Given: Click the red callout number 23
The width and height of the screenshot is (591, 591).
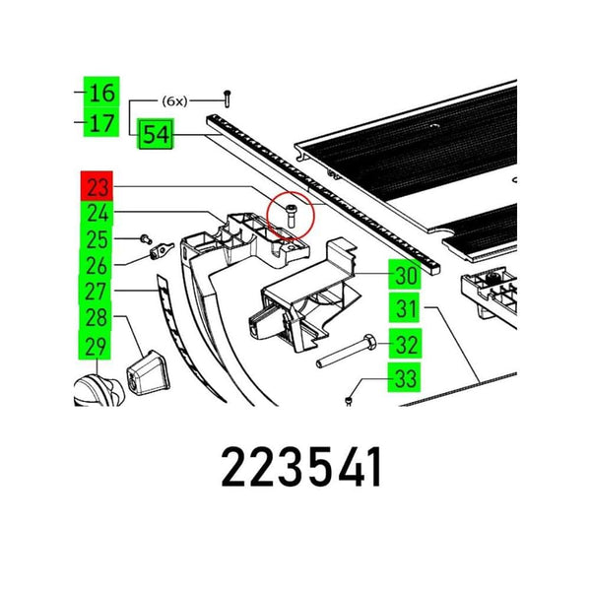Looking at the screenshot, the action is (x=97, y=186).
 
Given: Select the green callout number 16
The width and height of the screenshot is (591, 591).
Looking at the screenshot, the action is (x=101, y=93).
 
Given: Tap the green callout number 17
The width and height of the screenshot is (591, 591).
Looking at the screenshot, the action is (x=101, y=123).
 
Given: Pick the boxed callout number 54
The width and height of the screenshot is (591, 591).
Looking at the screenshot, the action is (x=156, y=134).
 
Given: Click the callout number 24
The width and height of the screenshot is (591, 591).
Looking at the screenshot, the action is (x=97, y=214).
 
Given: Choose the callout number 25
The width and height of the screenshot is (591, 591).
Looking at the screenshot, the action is (x=97, y=239).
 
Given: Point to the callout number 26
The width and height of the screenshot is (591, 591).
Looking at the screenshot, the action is (x=97, y=266).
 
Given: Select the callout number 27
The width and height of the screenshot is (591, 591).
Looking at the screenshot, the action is (x=95, y=291).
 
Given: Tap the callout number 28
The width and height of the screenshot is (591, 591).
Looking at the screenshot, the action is (x=96, y=317).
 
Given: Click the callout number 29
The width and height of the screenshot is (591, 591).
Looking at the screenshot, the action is (x=95, y=346).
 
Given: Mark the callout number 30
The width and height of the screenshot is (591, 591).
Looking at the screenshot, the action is (x=405, y=275).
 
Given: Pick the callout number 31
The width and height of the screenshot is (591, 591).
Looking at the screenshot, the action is (x=405, y=308).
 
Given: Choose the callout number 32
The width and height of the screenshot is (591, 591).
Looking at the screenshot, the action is (x=406, y=344).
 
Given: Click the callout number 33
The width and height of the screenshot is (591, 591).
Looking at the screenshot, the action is (x=405, y=377).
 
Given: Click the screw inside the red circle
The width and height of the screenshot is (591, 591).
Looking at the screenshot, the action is (x=291, y=216).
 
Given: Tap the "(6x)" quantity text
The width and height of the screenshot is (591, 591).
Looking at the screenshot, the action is (x=174, y=101).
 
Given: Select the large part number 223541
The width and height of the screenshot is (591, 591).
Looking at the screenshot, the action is (x=300, y=466).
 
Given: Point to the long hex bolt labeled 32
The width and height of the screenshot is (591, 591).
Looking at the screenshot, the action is (x=347, y=350).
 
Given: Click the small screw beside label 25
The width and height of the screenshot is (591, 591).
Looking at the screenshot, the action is (x=146, y=238).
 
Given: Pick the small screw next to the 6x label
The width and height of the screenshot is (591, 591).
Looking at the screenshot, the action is (x=228, y=98).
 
